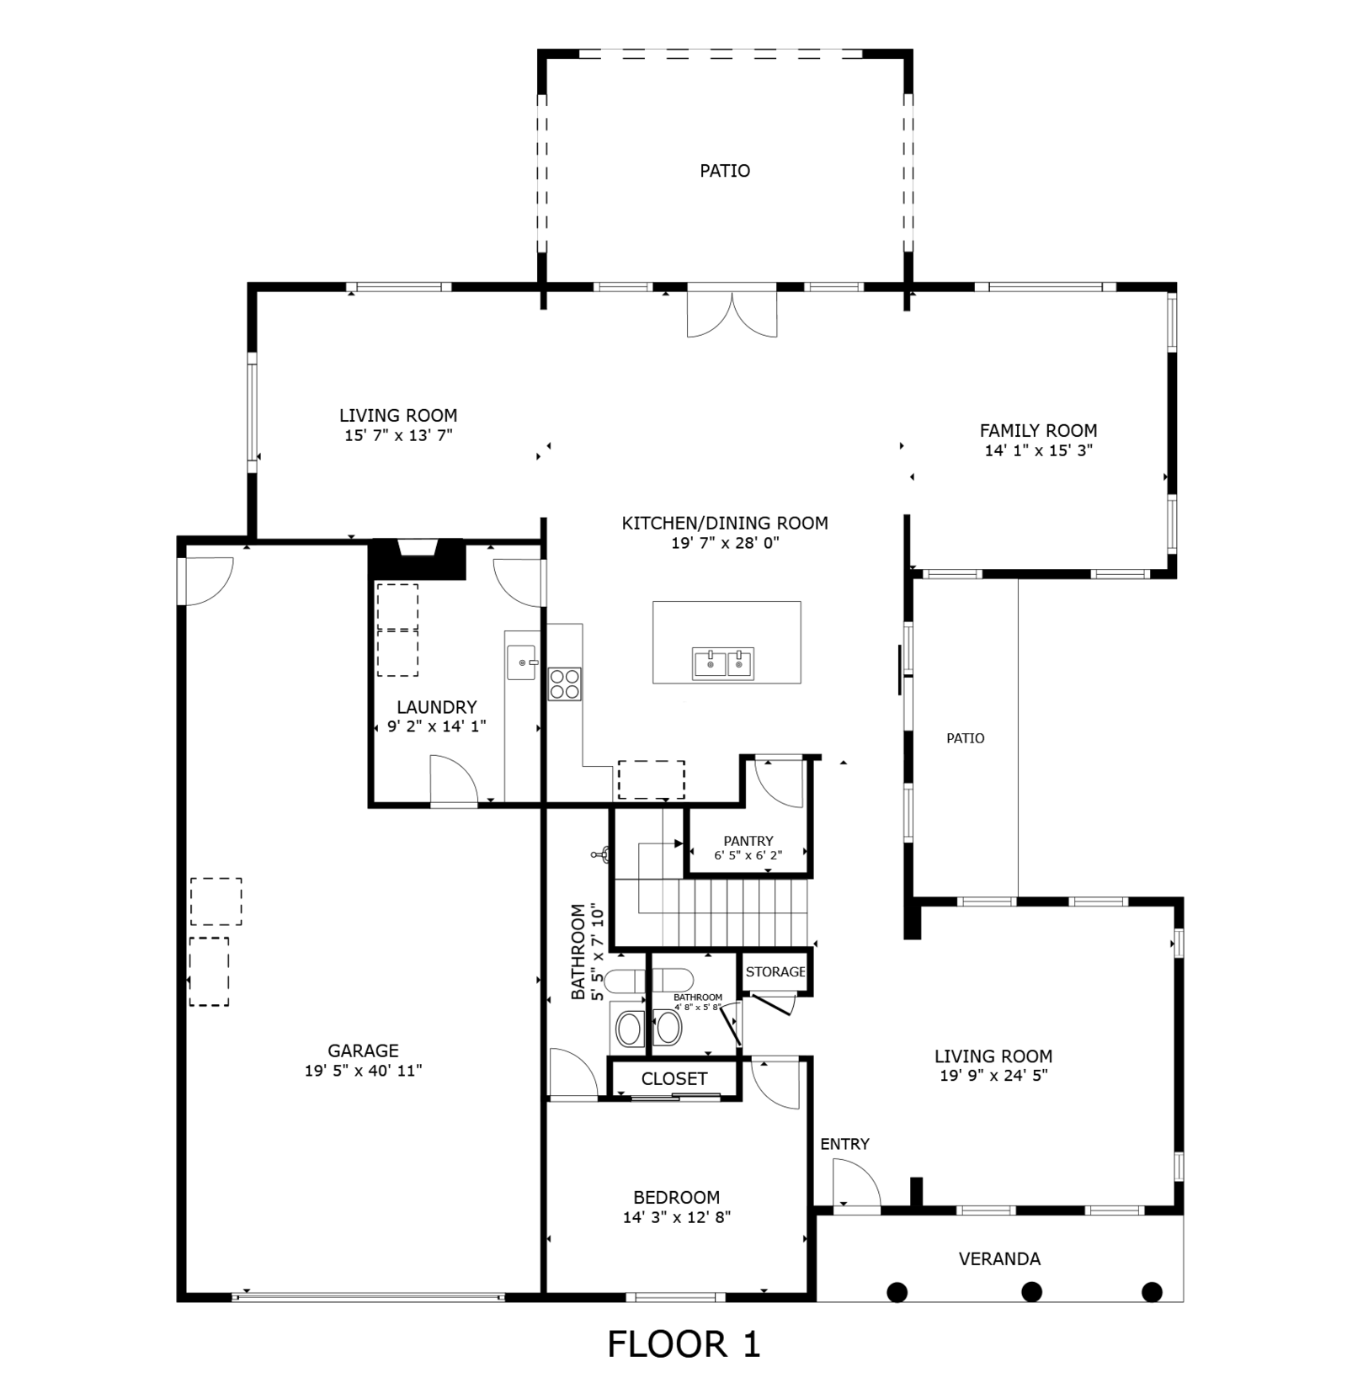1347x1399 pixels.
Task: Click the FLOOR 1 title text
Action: (684, 1344)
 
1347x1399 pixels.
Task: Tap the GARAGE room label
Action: (363, 1051)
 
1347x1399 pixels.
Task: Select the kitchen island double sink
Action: (723, 663)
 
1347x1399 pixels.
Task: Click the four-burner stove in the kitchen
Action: (564, 684)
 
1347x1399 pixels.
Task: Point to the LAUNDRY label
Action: (437, 707)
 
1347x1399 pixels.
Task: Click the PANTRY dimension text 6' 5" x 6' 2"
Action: (748, 855)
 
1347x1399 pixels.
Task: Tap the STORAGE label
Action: (775, 971)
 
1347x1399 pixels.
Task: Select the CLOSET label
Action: (674, 1078)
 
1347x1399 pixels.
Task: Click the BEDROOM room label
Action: (677, 1197)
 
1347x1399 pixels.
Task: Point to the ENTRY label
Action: (844, 1144)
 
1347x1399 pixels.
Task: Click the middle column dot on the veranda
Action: (1031, 1291)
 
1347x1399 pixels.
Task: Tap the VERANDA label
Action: (999, 1258)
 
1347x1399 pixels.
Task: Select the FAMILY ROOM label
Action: (1038, 430)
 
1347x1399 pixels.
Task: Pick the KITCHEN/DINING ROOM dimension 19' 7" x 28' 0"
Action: (725, 543)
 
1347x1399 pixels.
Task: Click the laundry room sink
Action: (522, 662)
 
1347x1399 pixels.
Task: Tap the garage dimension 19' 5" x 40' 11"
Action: (363, 1071)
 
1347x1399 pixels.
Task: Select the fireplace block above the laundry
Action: (418, 559)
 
